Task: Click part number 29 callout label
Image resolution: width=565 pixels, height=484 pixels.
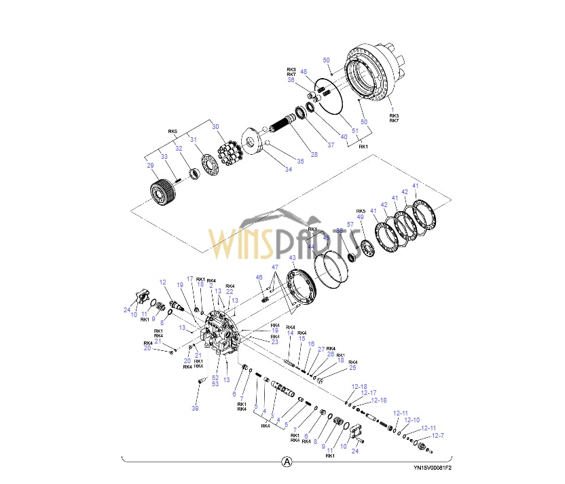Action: tap(150, 165)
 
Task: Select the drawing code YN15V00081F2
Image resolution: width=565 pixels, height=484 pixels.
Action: tap(432, 468)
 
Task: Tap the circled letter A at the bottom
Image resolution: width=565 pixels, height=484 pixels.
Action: tap(287, 461)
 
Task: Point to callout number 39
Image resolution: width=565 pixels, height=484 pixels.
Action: tap(195, 408)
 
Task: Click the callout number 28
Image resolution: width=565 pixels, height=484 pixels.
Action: tap(314, 155)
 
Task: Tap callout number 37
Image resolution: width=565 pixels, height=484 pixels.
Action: tap(331, 144)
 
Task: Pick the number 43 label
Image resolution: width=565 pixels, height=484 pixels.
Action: tap(292, 258)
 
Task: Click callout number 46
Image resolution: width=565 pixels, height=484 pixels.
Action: tap(259, 277)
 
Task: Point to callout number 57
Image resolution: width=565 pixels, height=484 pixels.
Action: tap(350, 224)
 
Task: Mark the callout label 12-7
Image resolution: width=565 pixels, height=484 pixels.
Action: tap(438, 435)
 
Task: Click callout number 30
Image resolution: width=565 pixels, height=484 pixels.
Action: tap(215, 126)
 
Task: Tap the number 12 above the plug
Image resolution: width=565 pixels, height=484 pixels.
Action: tap(163, 282)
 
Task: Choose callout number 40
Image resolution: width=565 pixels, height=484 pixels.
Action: tap(344, 136)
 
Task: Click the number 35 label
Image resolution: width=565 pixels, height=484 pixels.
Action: tap(300, 160)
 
